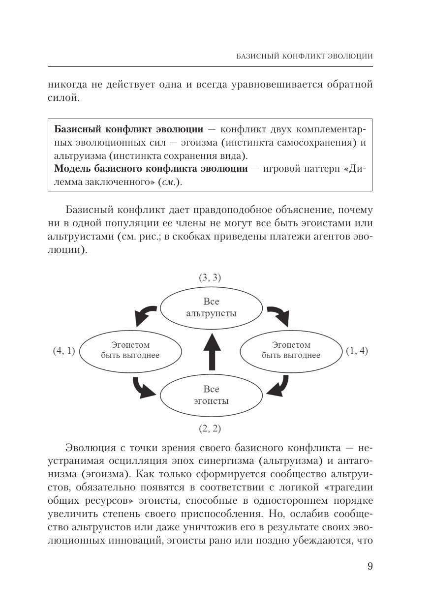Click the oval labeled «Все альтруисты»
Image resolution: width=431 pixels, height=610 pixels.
tap(211, 307)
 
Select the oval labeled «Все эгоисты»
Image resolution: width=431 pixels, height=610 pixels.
tap(211, 395)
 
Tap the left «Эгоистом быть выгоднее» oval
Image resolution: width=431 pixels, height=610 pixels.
tap(130, 350)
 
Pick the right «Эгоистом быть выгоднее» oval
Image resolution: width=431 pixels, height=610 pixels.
tap(291, 350)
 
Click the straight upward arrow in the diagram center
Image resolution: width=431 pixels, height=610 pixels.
tap(212, 351)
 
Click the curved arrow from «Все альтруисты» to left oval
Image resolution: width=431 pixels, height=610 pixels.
tap(145, 315)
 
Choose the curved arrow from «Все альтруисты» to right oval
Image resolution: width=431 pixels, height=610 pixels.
tap(278, 315)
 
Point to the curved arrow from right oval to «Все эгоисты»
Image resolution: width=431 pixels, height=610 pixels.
tap(278, 387)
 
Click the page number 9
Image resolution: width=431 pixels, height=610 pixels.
tap(370, 566)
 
